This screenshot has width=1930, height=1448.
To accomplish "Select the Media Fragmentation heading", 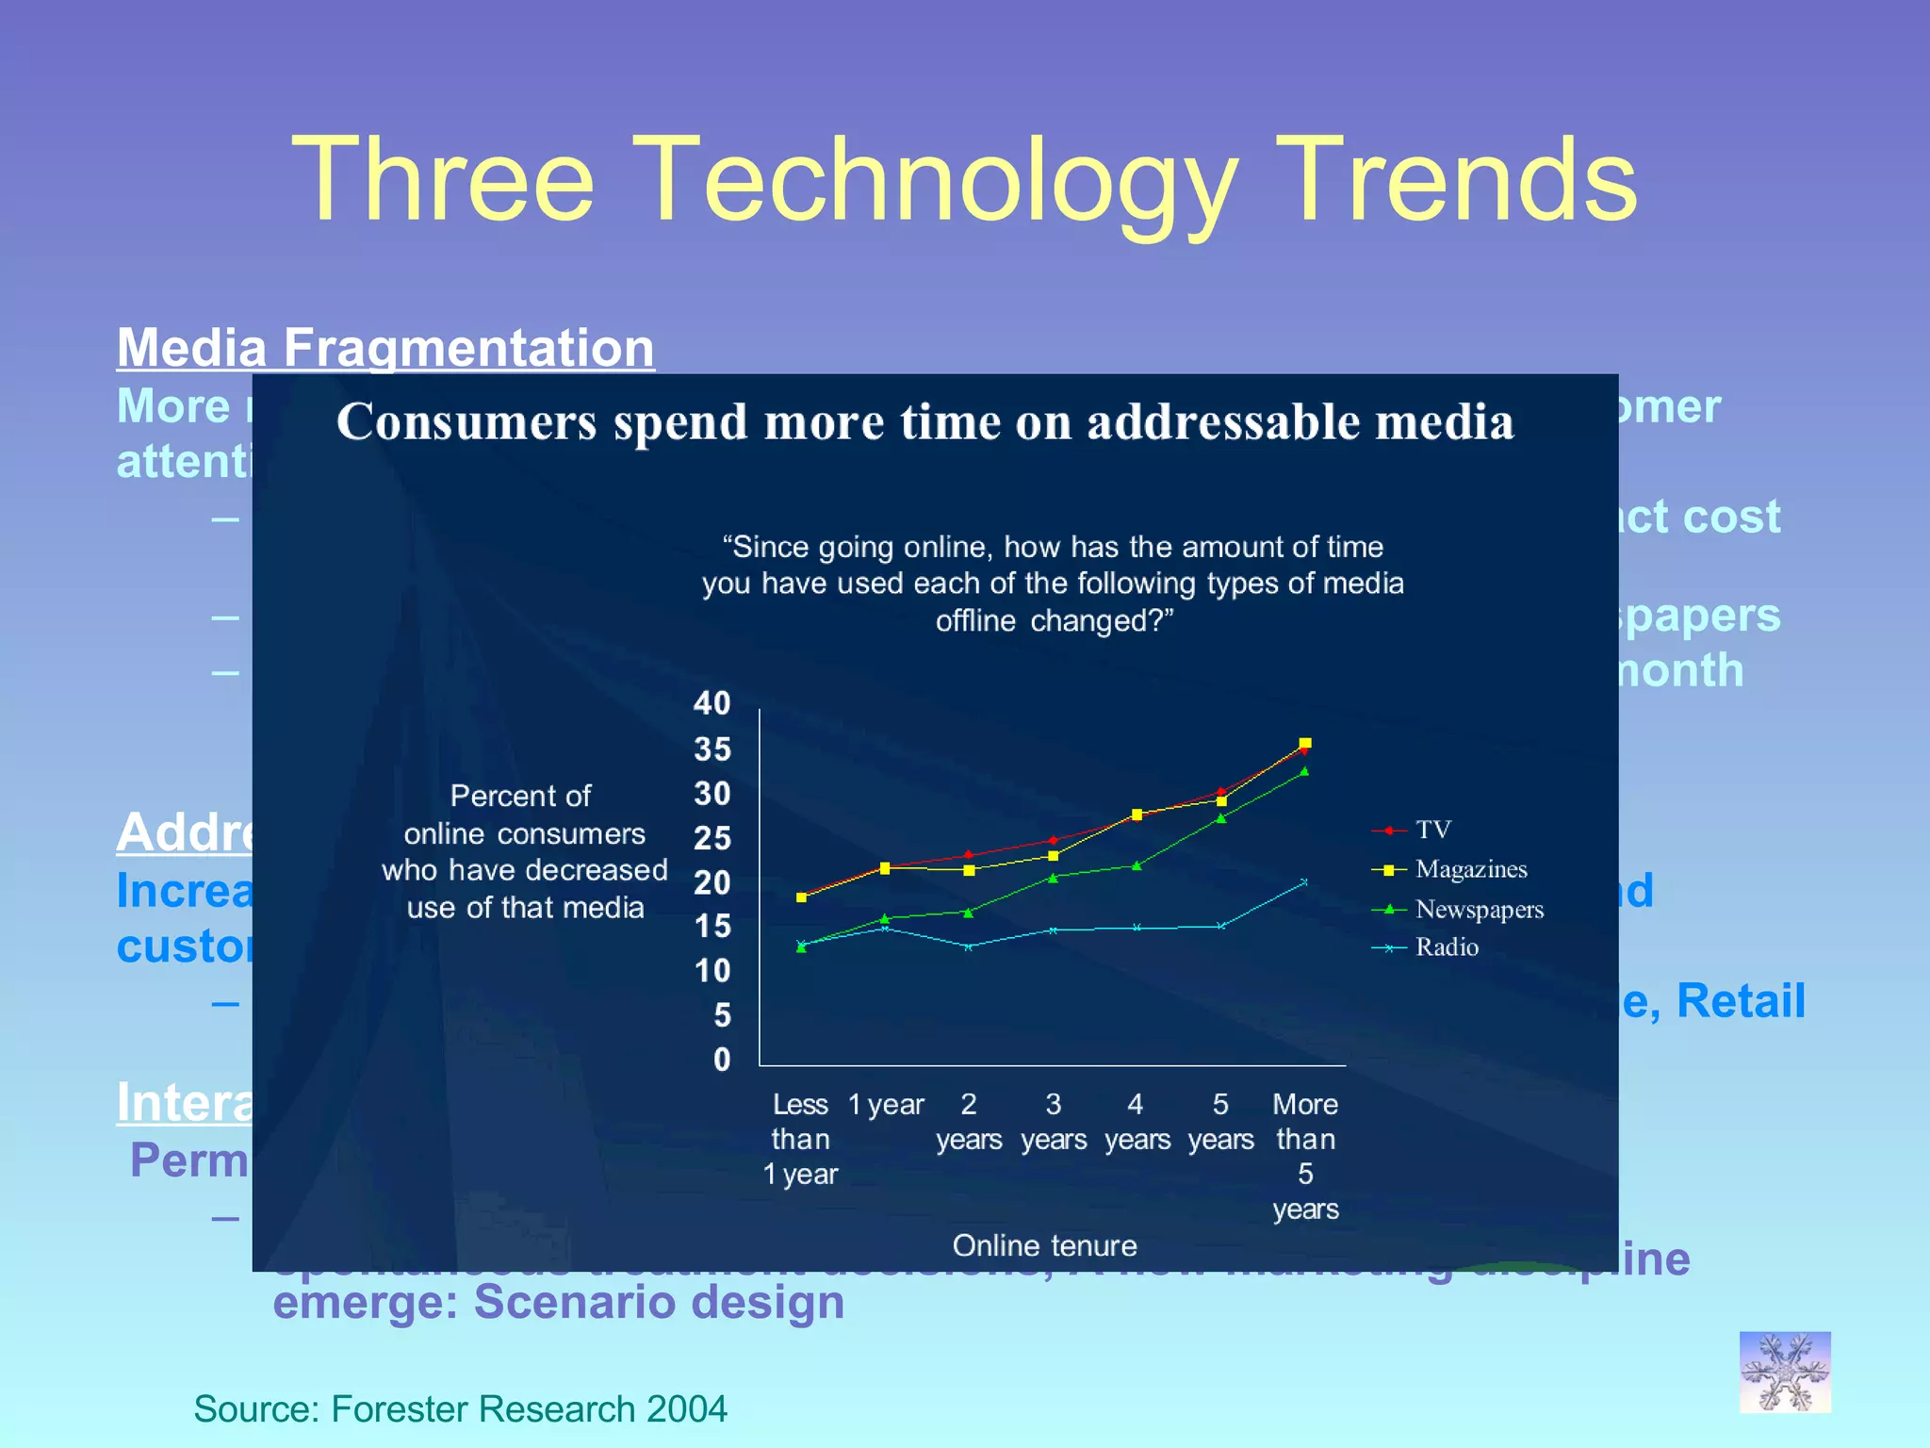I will pos(385,348).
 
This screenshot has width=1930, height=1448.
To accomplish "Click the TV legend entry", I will pos(1432,830).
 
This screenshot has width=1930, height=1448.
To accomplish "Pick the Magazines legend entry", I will pos(1470,869).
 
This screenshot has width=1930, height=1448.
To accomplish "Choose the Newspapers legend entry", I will pos(1479,910).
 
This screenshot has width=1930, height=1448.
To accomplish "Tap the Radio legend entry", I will pos(1447,947).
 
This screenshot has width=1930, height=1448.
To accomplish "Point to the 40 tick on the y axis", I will pos(712,703).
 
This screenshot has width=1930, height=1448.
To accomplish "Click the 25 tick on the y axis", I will pos(712,838).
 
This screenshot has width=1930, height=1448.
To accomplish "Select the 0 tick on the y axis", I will pos(722,1060).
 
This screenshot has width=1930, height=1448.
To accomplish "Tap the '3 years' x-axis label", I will pos(1054,1122).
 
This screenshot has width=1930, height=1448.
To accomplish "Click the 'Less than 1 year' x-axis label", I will pos(800,1139).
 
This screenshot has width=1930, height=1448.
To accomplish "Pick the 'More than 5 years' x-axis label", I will pos(1305,1156).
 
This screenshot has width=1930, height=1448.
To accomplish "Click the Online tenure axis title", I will pos(1044,1245).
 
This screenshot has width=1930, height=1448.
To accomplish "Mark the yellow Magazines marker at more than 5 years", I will pos(1305,743).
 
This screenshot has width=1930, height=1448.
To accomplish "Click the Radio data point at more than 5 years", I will pos(1304,882).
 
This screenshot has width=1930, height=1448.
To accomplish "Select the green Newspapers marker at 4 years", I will pos(1137,865).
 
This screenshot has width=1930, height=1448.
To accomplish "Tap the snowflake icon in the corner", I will pos(1784,1372).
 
